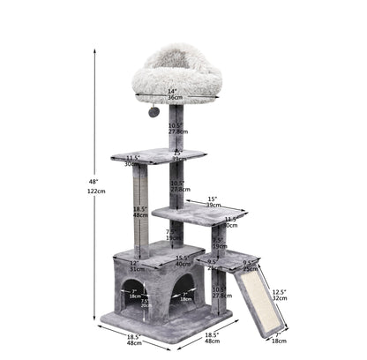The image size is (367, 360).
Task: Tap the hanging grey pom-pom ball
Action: [x=153, y=111]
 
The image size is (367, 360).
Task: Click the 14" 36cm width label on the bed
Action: [x=172, y=94]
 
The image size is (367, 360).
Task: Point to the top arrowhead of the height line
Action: [x=96, y=49]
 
